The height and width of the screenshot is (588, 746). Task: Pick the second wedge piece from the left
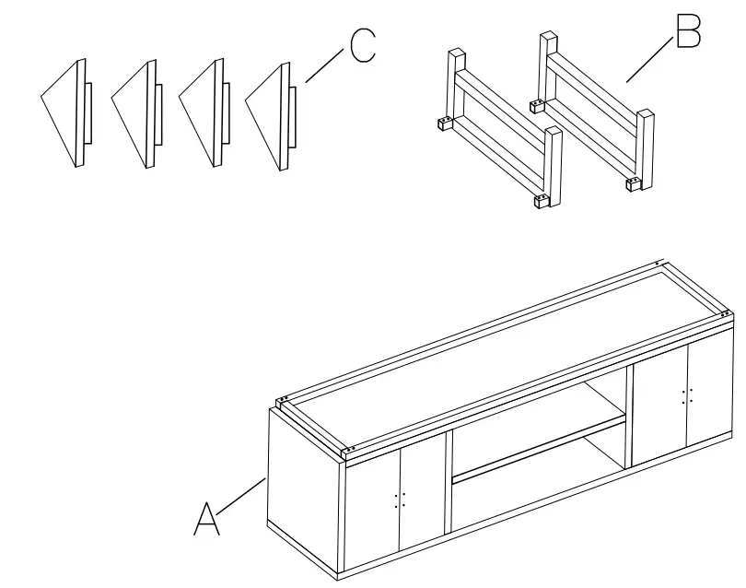click(x=134, y=114)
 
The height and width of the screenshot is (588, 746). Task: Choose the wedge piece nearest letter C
click(x=271, y=115)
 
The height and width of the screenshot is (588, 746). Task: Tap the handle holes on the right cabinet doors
click(x=686, y=395)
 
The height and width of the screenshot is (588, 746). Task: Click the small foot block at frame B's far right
click(x=634, y=183)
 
